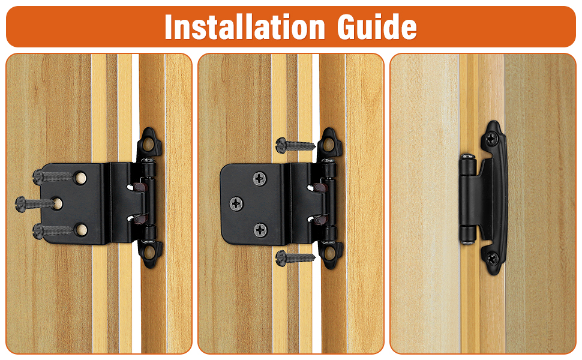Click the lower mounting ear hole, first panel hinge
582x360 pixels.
[x=149, y=252]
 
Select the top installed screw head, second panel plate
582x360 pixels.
[x=260, y=178]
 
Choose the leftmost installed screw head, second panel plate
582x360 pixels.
[x=236, y=203]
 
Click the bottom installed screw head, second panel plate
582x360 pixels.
[x=260, y=229]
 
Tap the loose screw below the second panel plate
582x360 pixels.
[x=295, y=257]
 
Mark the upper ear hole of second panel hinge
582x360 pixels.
[x=328, y=145]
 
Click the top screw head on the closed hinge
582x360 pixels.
[x=492, y=138]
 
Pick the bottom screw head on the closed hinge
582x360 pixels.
[x=492, y=258]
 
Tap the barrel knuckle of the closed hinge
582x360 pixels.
[x=466, y=198]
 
